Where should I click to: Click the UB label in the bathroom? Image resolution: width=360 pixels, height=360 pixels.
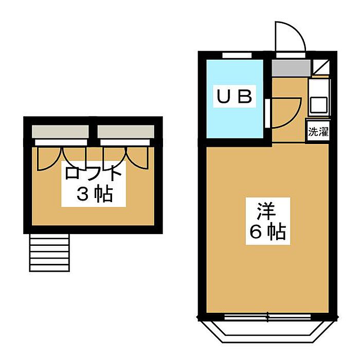tap(235, 96)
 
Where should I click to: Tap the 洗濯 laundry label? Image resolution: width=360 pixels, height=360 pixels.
tap(318, 132)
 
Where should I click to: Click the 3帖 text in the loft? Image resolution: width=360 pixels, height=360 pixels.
tap(95, 194)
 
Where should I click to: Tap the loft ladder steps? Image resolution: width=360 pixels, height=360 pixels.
tap(49, 253)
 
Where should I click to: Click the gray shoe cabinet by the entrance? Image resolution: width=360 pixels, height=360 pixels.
tap(291, 68)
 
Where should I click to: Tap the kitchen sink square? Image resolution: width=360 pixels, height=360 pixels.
tap(319, 105)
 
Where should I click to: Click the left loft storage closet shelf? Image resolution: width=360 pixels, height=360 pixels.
tap(60, 132)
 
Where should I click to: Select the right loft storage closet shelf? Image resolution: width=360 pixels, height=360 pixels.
tap(126, 132)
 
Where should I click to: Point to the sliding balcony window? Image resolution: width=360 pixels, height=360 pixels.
tap(267, 317)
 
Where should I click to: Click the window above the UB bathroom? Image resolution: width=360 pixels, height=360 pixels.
tap(237, 56)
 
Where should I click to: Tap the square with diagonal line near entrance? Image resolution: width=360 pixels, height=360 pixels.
tap(321, 67)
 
